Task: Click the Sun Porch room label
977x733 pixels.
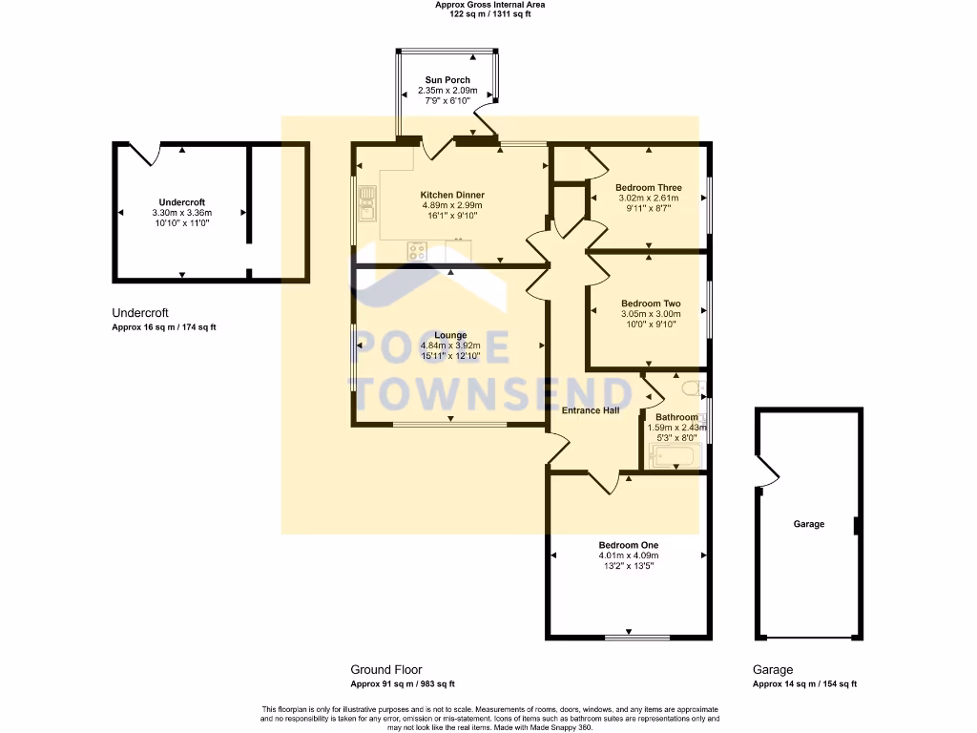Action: (x=447, y=80)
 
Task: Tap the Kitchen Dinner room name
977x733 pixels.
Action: (x=452, y=195)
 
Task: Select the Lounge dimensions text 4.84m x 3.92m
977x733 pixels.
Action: (x=450, y=346)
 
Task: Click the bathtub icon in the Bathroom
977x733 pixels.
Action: (x=676, y=458)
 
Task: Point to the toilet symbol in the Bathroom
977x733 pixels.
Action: (x=696, y=388)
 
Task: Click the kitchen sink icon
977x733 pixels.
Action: (x=367, y=201)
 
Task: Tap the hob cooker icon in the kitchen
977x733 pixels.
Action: (x=418, y=252)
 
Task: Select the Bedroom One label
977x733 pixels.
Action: (x=628, y=545)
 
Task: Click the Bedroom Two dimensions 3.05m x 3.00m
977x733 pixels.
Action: (x=651, y=314)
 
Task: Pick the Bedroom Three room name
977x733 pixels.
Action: (x=648, y=187)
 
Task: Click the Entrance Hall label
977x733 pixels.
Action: (x=591, y=410)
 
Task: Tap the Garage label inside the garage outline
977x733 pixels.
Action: (x=808, y=524)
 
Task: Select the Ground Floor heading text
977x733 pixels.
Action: (x=385, y=670)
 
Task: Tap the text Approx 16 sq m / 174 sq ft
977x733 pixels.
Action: (x=164, y=327)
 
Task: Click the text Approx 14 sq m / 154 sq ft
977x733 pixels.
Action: (x=804, y=684)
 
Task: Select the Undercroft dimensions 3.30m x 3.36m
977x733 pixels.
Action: (x=181, y=213)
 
